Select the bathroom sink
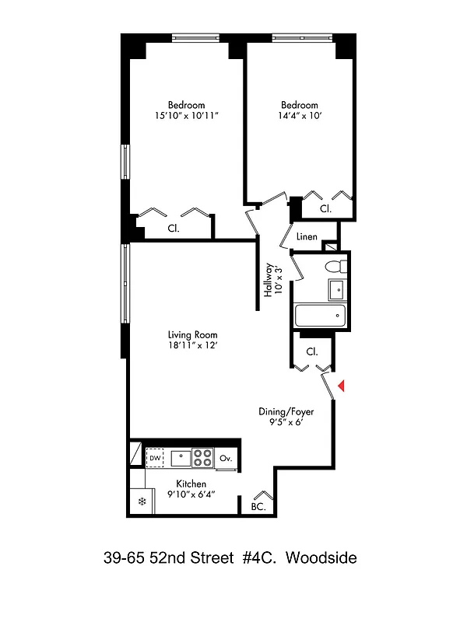336,290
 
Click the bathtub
320,316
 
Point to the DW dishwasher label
155,459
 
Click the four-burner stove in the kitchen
202,458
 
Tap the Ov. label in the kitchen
226,459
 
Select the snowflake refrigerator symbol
142,501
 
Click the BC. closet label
258,507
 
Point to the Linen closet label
307,236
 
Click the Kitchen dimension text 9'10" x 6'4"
191,494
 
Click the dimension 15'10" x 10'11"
186,116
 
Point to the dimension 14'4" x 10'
299,116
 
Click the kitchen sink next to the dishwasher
181,458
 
